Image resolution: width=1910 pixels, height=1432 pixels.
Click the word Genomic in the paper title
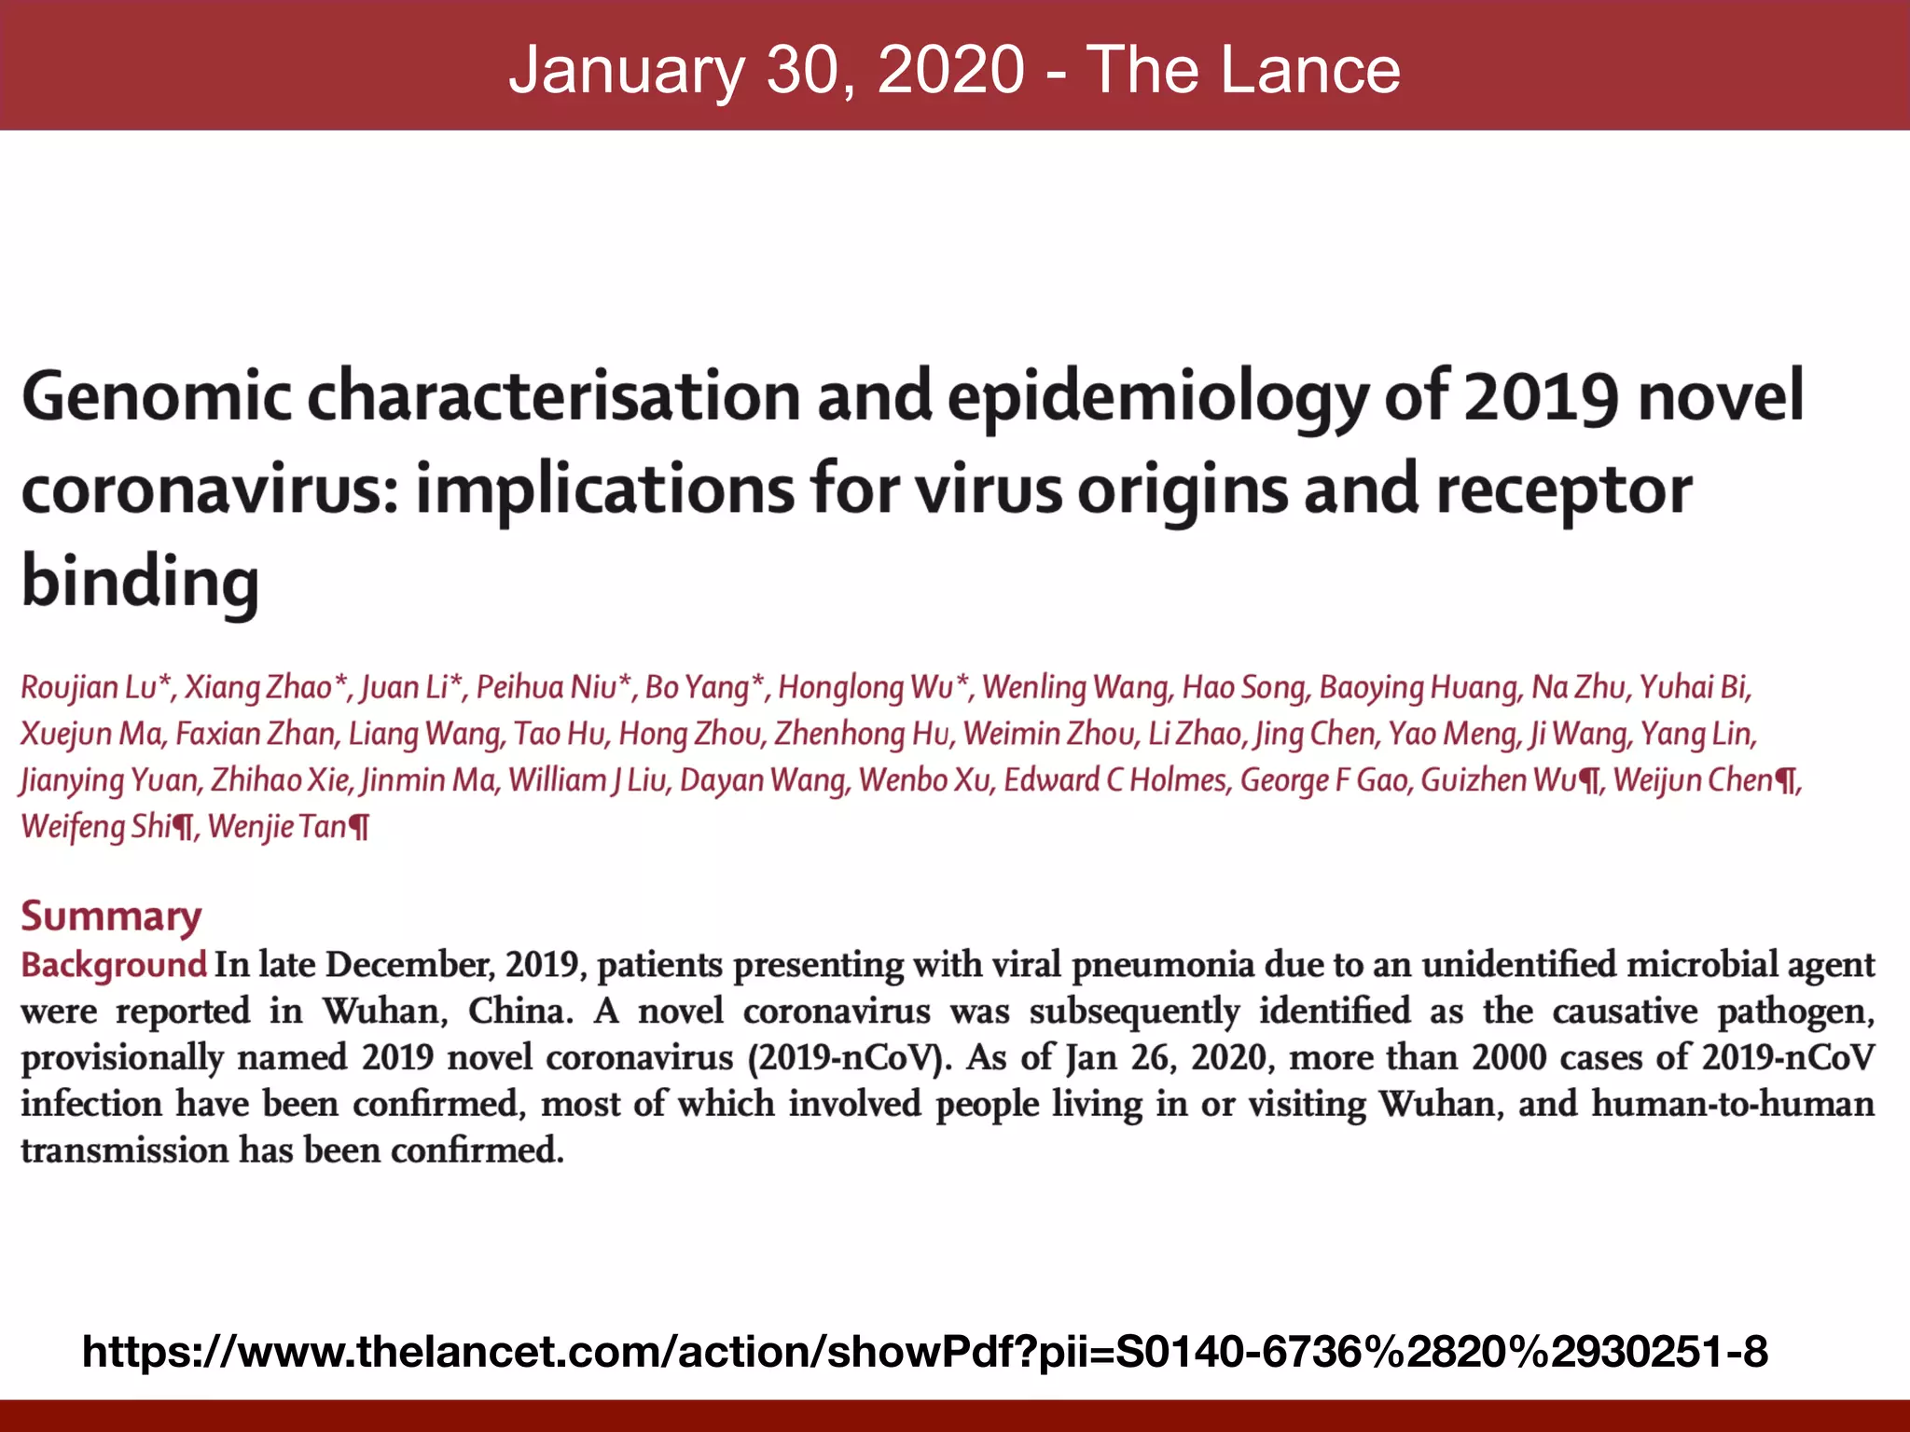[x=156, y=396]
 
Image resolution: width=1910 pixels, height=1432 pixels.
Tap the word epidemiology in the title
[x=1156, y=396]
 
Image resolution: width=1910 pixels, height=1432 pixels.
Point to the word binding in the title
[x=140, y=581]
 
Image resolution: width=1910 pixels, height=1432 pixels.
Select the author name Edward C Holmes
[x=1114, y=779]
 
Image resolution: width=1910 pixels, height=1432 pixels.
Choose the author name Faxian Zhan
[x=256, y=734]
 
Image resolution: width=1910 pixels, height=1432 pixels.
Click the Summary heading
[x=111, y=916]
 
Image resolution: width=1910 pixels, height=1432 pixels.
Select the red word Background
[x=114, y=964]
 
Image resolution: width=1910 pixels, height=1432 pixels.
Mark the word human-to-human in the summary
[x=1732, y=1104]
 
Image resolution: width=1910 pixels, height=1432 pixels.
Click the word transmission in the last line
[x=124, y=1150]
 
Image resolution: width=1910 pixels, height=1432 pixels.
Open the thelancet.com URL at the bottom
[x=924, y=1351]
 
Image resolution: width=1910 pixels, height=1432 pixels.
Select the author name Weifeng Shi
[x=97, y=826]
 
